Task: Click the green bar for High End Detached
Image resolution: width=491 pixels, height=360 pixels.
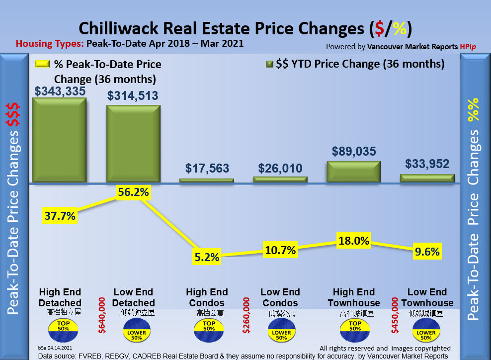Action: pyautogui.click(x=59, y=140)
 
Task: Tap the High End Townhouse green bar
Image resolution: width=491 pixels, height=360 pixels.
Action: pyautogui.click(x=353, y=172)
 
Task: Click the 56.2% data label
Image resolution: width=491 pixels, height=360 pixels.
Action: pyautogui.click(x=133, y=192)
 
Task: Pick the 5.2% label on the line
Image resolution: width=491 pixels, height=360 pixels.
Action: pyautogui.click(x=206, y=257)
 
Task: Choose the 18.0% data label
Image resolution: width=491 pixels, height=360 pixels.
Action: pyautogui.click(x=353, y=241)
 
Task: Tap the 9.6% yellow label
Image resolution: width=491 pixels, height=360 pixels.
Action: pyautogui.click(x=426, y=252)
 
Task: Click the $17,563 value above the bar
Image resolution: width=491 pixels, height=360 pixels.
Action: pyautogui.click(x=207, y=168)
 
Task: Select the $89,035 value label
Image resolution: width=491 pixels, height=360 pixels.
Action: pyautogui.click(x=353, y=151)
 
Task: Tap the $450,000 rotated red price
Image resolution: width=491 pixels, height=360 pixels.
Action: pyautogui.click(x=396, y=315)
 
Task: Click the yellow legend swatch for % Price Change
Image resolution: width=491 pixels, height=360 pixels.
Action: pyautogui.click(x=42, y=65)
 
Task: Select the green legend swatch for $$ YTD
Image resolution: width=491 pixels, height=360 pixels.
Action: pyautogui.click(x=270, y=64)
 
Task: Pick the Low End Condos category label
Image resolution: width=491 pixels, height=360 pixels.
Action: pyautogui.click(x=280, y=297)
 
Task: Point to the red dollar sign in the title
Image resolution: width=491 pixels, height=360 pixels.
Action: pyautogui.click(x=379, y=28)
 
